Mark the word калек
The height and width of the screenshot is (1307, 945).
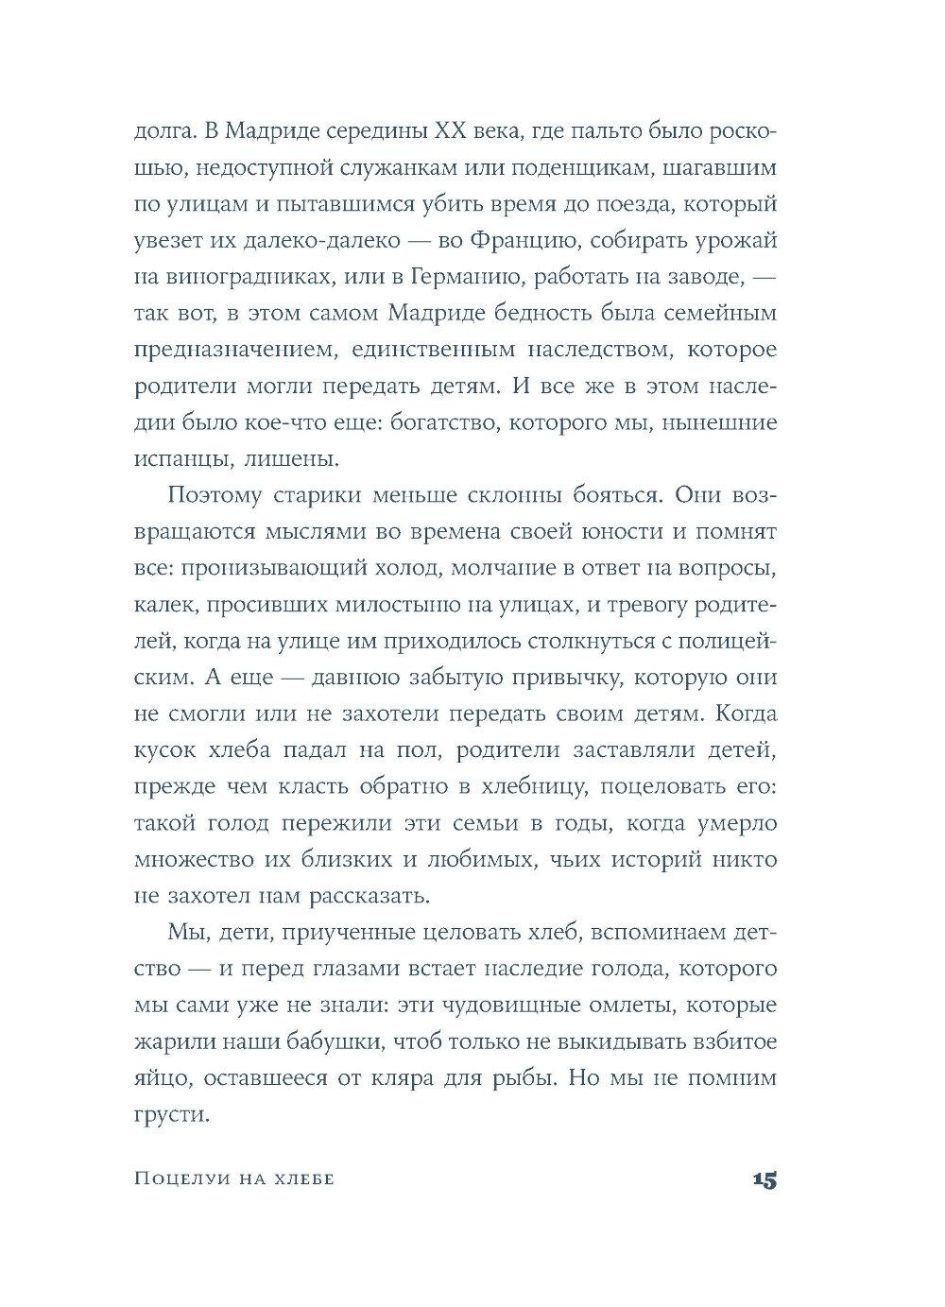pyautogui.click(x=161, y=605)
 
